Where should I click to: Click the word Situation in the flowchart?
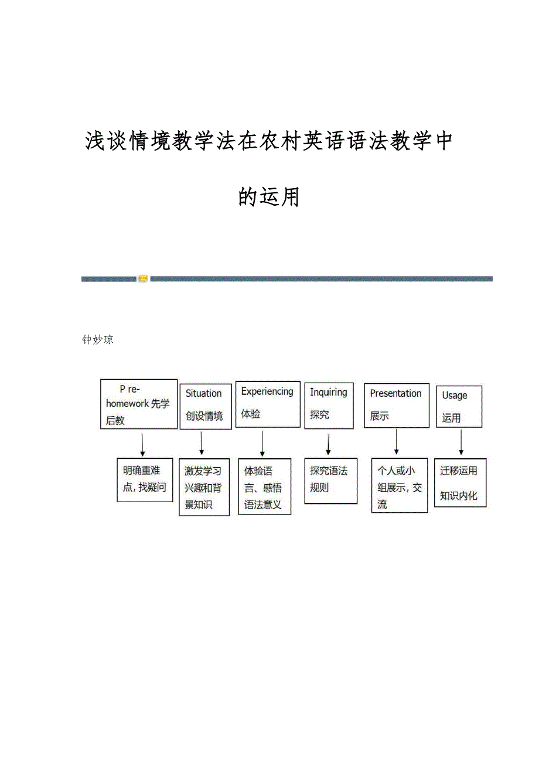coord(203,393)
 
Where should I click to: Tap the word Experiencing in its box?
coord(267,392)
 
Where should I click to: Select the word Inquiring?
coord(328,393)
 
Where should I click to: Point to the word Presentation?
coord(395,393)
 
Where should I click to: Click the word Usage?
coord(455,396)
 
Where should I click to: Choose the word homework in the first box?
coord(127,404)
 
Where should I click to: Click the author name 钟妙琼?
coord(98,340)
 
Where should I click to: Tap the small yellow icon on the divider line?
coord(143,278)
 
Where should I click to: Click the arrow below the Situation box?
coord(201,443)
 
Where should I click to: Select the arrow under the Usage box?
coord(461,442)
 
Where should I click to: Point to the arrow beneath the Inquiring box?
coord(328,444)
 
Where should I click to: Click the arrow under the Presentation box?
coord(396,441)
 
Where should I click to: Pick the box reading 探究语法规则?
coord(330,481)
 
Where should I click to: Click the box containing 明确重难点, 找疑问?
coord(145,480)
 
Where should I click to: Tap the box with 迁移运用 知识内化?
coord(460,483)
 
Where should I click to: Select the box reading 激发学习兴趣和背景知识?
coord(204,487)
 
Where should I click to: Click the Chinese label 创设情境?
coord(204,416)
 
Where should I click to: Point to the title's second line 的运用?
coord(269,196)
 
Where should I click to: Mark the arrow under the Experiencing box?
coord(262,444)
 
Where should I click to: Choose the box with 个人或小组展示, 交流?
coord(400,485)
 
